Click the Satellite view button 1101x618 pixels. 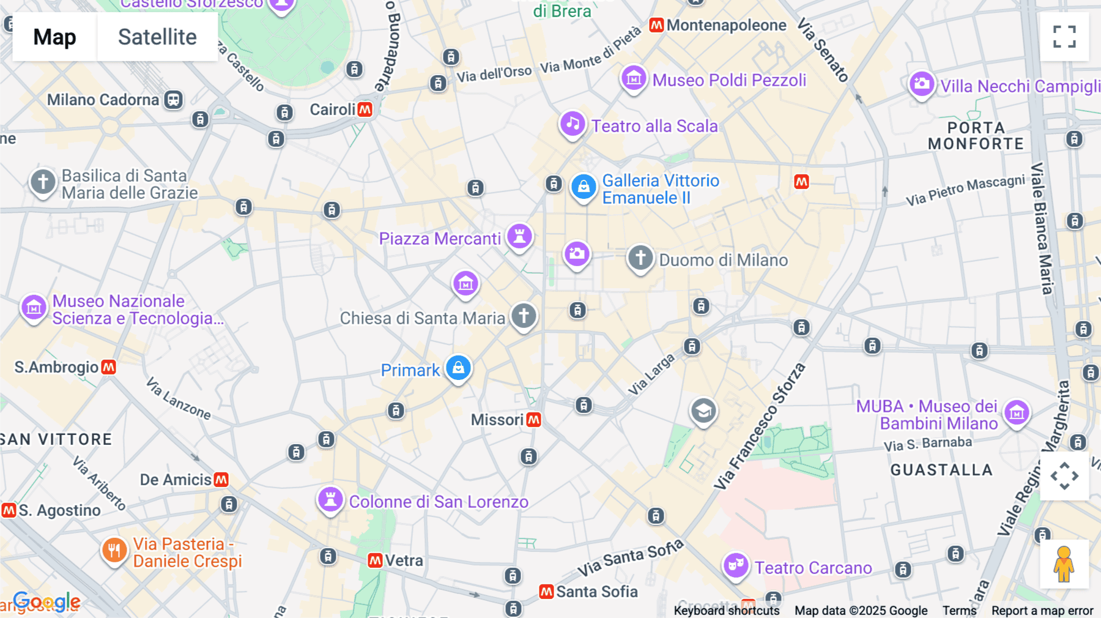coord(157,37)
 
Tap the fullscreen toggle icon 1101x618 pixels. coord(1064,37)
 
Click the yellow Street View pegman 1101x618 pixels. coord(1064,564)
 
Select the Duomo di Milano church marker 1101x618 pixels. coord(640,258)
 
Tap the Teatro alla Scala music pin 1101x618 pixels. coord(573,124)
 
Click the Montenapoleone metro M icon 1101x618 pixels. coord(656,25)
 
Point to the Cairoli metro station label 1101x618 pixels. coord(332,110)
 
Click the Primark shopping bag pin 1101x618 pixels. coord(458,368)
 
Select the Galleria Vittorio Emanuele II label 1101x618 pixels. coord(661,189)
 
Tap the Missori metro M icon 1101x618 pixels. coord(533,420)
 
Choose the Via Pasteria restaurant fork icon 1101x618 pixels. coord(114,550)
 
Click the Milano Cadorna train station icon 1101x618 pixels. coord(174,100)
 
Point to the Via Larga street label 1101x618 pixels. coord(651,374)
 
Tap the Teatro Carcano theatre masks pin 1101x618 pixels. coord(736,565)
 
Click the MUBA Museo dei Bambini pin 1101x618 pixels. coord(1017,413)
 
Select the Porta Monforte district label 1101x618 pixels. coord(976,136)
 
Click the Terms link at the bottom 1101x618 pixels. coord(959,610)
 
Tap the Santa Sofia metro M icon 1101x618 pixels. coord(546,592)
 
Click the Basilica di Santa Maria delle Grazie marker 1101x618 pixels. coord(43,182)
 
